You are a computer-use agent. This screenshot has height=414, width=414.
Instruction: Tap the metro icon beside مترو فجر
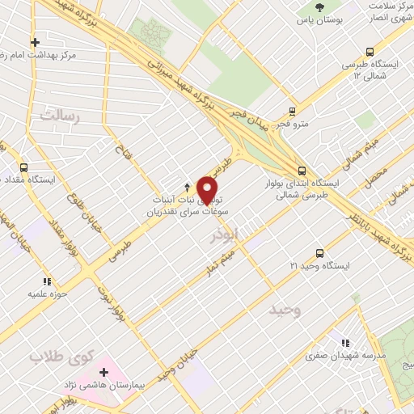(x=292, y=112)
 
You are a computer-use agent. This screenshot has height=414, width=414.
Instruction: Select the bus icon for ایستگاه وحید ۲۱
(x=320, y=253)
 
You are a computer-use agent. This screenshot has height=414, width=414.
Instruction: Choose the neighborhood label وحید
(x=286, y=310)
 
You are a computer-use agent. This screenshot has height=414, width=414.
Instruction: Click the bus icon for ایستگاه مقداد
(x=23, y=168)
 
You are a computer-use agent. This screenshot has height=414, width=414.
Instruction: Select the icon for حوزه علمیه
(x=48, y=281)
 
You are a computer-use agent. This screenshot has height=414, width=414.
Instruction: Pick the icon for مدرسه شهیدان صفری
(x=347, y=343)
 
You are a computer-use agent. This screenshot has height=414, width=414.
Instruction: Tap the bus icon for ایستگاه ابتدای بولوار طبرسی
(x=302, y=171)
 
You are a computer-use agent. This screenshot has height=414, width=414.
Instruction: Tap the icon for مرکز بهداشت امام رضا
(x=34, y=42)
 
